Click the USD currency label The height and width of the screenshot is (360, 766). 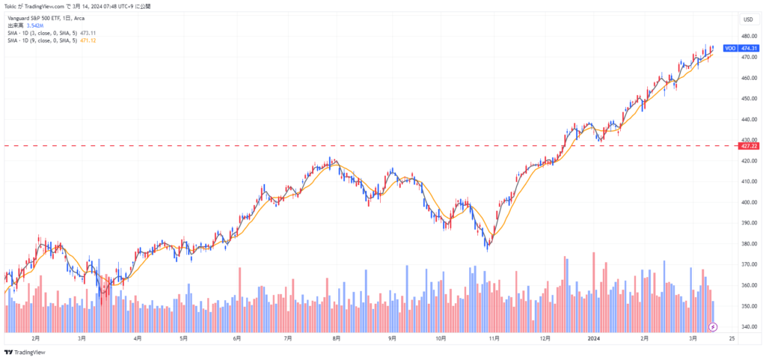point(747,19)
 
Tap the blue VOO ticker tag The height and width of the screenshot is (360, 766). point(730,48)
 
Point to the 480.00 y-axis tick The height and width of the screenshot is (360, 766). point(747,36)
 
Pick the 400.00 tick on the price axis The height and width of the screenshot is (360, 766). point(747,202)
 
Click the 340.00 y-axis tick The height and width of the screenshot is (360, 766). point(747,327)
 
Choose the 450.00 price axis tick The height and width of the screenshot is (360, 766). point(747,98)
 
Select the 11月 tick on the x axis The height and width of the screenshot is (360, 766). point(494,338)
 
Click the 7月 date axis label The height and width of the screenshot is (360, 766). point(288,338)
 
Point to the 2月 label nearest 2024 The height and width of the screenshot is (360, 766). point(644,338)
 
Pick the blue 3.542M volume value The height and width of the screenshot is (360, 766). point(33,26)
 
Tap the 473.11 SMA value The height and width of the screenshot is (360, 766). point(88,34)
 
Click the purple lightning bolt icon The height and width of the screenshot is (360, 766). point(713,327)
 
